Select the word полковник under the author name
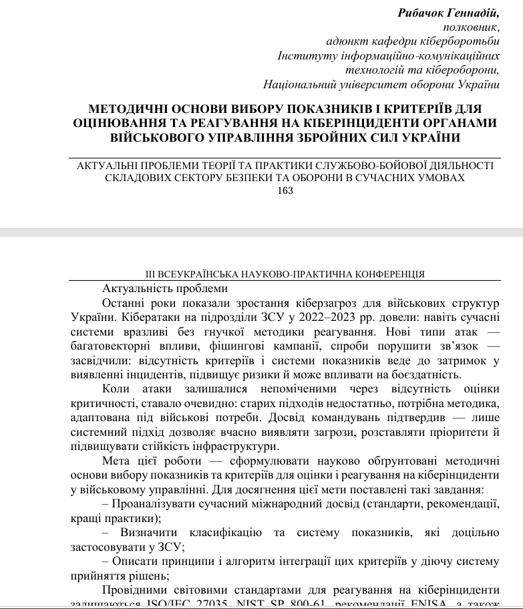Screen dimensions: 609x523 pos(472,27)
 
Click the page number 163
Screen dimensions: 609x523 pos(285,191)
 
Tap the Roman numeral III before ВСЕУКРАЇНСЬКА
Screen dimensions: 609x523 pos(152,274)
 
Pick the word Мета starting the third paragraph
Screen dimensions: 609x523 pos(116,461)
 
